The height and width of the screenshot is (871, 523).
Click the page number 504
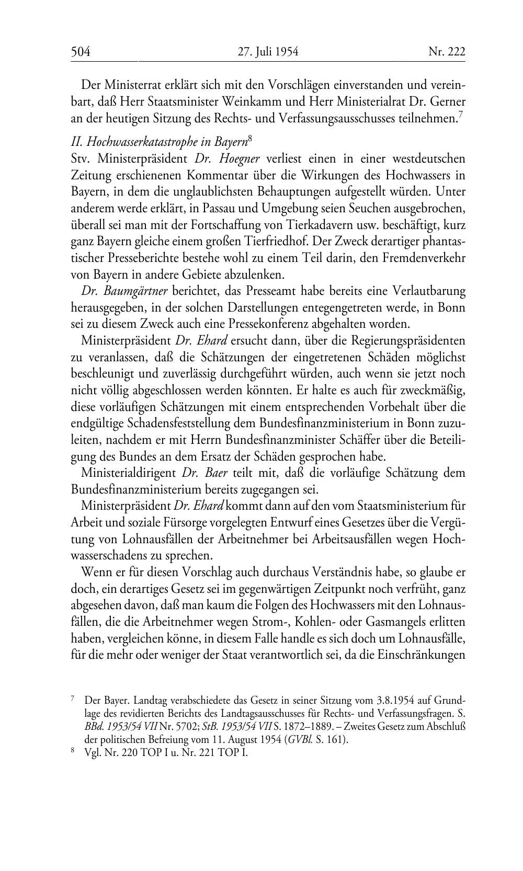pyautogui.click(x=81, y=51)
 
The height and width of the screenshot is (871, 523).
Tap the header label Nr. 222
pyautogui.click(x=447, y=51)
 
